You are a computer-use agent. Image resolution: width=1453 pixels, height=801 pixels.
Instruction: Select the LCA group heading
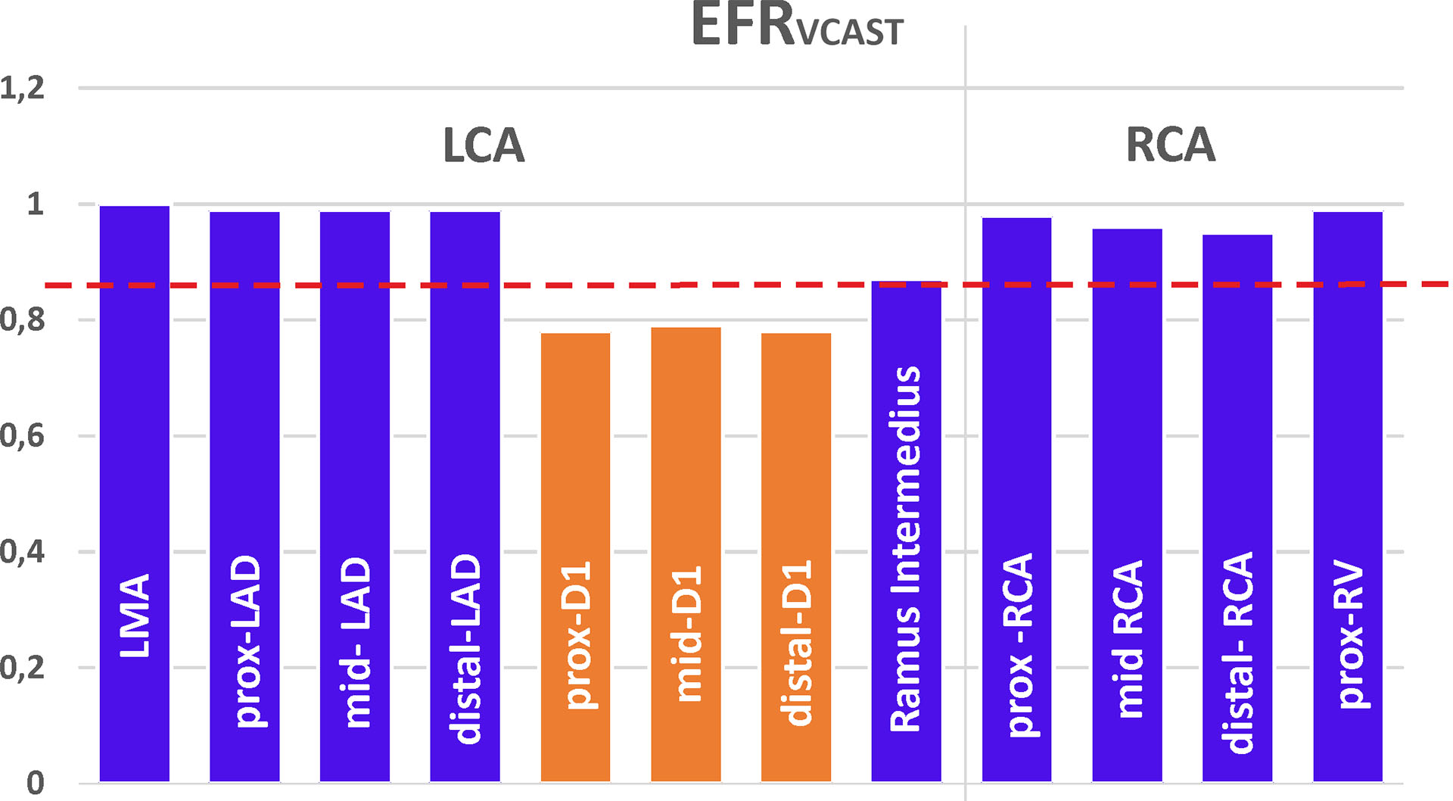pyautogui.click(x=484, y=145)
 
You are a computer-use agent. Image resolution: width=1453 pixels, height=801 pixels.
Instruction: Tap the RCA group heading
pyautogui.click(x=1170, y=145)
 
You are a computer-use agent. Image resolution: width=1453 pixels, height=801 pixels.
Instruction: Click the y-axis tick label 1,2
pyautogui.click(x=22, y=89)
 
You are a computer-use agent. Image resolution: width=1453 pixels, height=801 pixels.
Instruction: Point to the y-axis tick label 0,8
pyautogui.click(x=22, y=320)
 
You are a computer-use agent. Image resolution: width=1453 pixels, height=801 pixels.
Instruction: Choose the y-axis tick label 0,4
pyautogui.click(x=22, y=552)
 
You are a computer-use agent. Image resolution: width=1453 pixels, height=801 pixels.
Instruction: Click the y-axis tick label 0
pyautogui.click(x=35, y=783)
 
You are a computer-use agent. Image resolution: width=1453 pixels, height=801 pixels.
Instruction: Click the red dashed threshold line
pyautogui.click(x=757, y=285)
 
